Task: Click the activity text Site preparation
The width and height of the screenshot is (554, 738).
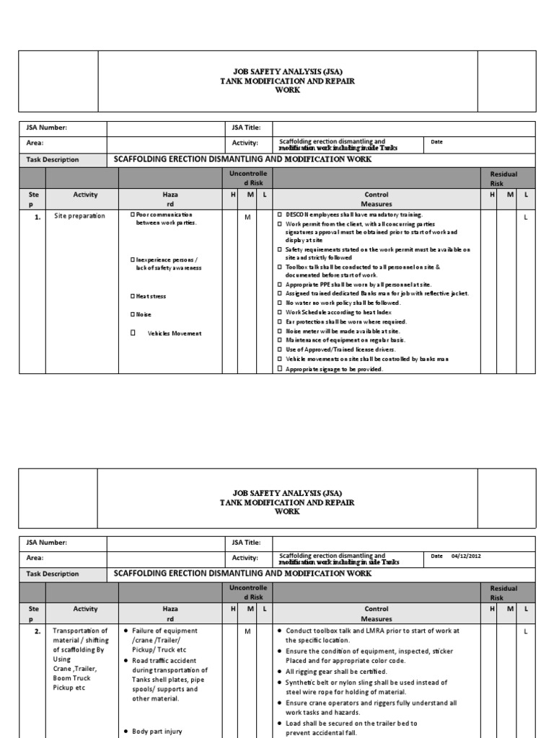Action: (79, 215)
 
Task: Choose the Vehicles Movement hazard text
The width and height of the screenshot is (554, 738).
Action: (175, 333)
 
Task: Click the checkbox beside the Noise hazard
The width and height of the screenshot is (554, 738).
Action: (133, 314)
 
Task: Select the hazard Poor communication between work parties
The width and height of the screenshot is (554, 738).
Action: (166, 218)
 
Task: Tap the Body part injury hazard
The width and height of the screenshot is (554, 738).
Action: (159, 731)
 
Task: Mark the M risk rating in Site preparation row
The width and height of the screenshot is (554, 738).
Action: (247, 216)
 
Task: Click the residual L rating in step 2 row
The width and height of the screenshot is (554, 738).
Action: (526, 631)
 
